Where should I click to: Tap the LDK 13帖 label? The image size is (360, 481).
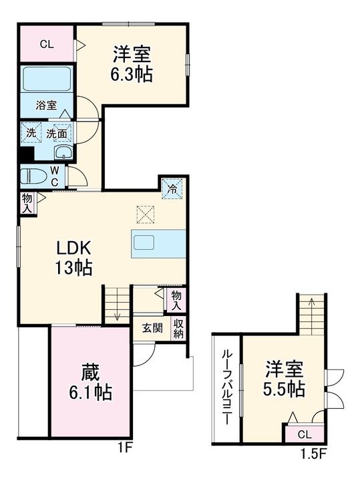pyautogui.click(x=73, y=257)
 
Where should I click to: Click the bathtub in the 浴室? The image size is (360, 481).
pyautogui.click(x=47, y=79)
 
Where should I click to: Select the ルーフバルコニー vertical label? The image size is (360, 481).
pyautogui.click(x=226, y=389)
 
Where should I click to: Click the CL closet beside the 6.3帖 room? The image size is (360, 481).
pyautogui.click(x=46, y=45)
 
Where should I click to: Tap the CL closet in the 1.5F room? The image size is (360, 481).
pyautogui.click(x=304, y=434)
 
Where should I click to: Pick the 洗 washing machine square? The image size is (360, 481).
pyautogui.click(x=31, y=133)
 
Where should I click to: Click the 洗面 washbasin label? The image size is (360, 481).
pyautogui.click(x=56, y=133)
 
